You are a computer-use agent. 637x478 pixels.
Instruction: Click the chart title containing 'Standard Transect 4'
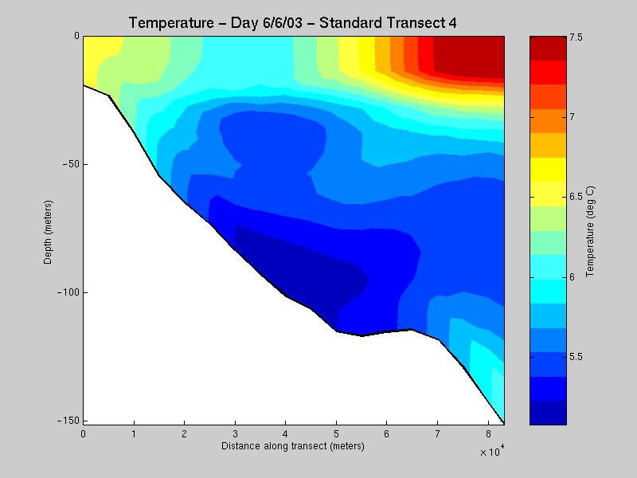coord(292,23)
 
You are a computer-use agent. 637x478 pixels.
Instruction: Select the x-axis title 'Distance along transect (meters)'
coord(293,446)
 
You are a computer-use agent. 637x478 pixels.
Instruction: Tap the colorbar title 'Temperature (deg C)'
coord(591,232)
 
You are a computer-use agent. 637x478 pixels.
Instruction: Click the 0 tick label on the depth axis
coord(76,36)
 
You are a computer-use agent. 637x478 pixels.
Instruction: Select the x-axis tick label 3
coord(235,434)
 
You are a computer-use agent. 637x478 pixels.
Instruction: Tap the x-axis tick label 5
coord(336,434)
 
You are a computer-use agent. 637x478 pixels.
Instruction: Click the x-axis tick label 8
coord(488,434)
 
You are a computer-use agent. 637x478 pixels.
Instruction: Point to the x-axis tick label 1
coord(134,434)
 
